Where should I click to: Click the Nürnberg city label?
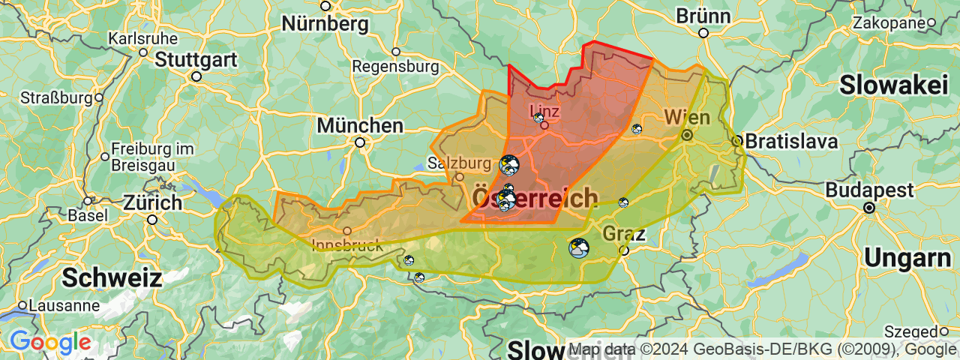pos(325,24)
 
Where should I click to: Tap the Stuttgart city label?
pos(196,60)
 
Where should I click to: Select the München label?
pos(360,125)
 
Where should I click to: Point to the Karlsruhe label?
pos(143,38)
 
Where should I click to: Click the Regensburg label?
pos(395,67)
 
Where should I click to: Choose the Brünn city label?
pos(703,16)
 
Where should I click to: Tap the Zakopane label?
pos(889,22)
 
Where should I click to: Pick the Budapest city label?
pos(869,190)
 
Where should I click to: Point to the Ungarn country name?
pos(907,257)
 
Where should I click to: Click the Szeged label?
pos(910,331)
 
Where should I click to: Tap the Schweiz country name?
pos(112,277)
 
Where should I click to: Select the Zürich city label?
pos(152,202)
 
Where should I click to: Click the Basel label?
pos(87,215)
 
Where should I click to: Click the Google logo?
pos(50,343)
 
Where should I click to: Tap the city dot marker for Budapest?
pos(869,207)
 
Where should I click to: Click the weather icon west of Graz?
pos(578,248)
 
